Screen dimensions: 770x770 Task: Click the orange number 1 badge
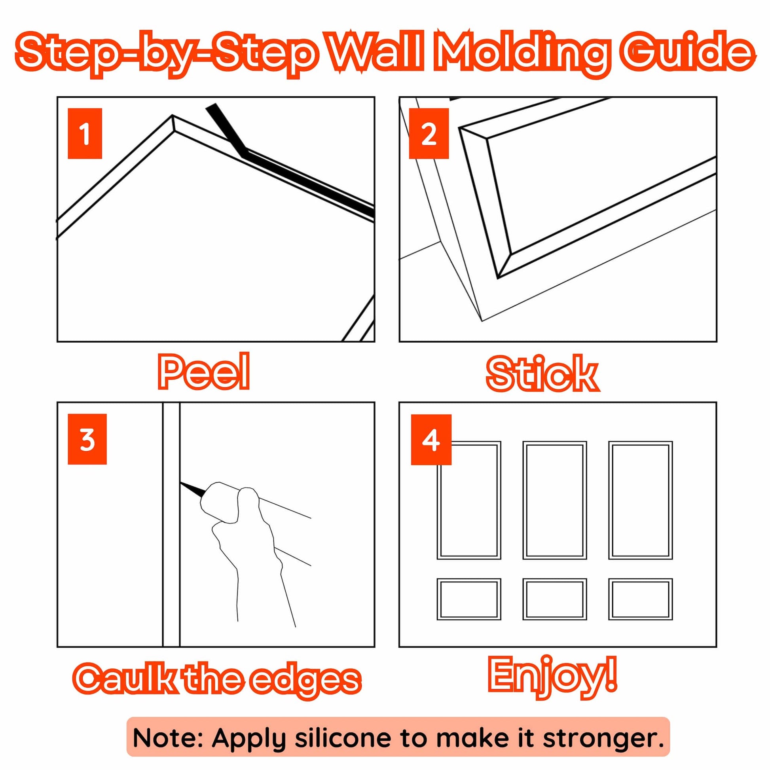85,133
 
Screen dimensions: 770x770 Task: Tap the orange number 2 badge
429,133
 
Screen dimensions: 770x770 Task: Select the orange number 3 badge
87,439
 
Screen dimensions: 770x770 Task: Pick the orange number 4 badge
431,440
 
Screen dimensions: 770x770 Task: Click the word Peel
204,372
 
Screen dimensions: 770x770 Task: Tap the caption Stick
542,374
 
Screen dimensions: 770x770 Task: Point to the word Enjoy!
553,675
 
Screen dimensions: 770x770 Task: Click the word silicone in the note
345,738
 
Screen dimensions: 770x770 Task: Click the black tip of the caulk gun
192,487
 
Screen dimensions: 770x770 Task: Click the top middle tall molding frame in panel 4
555,442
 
